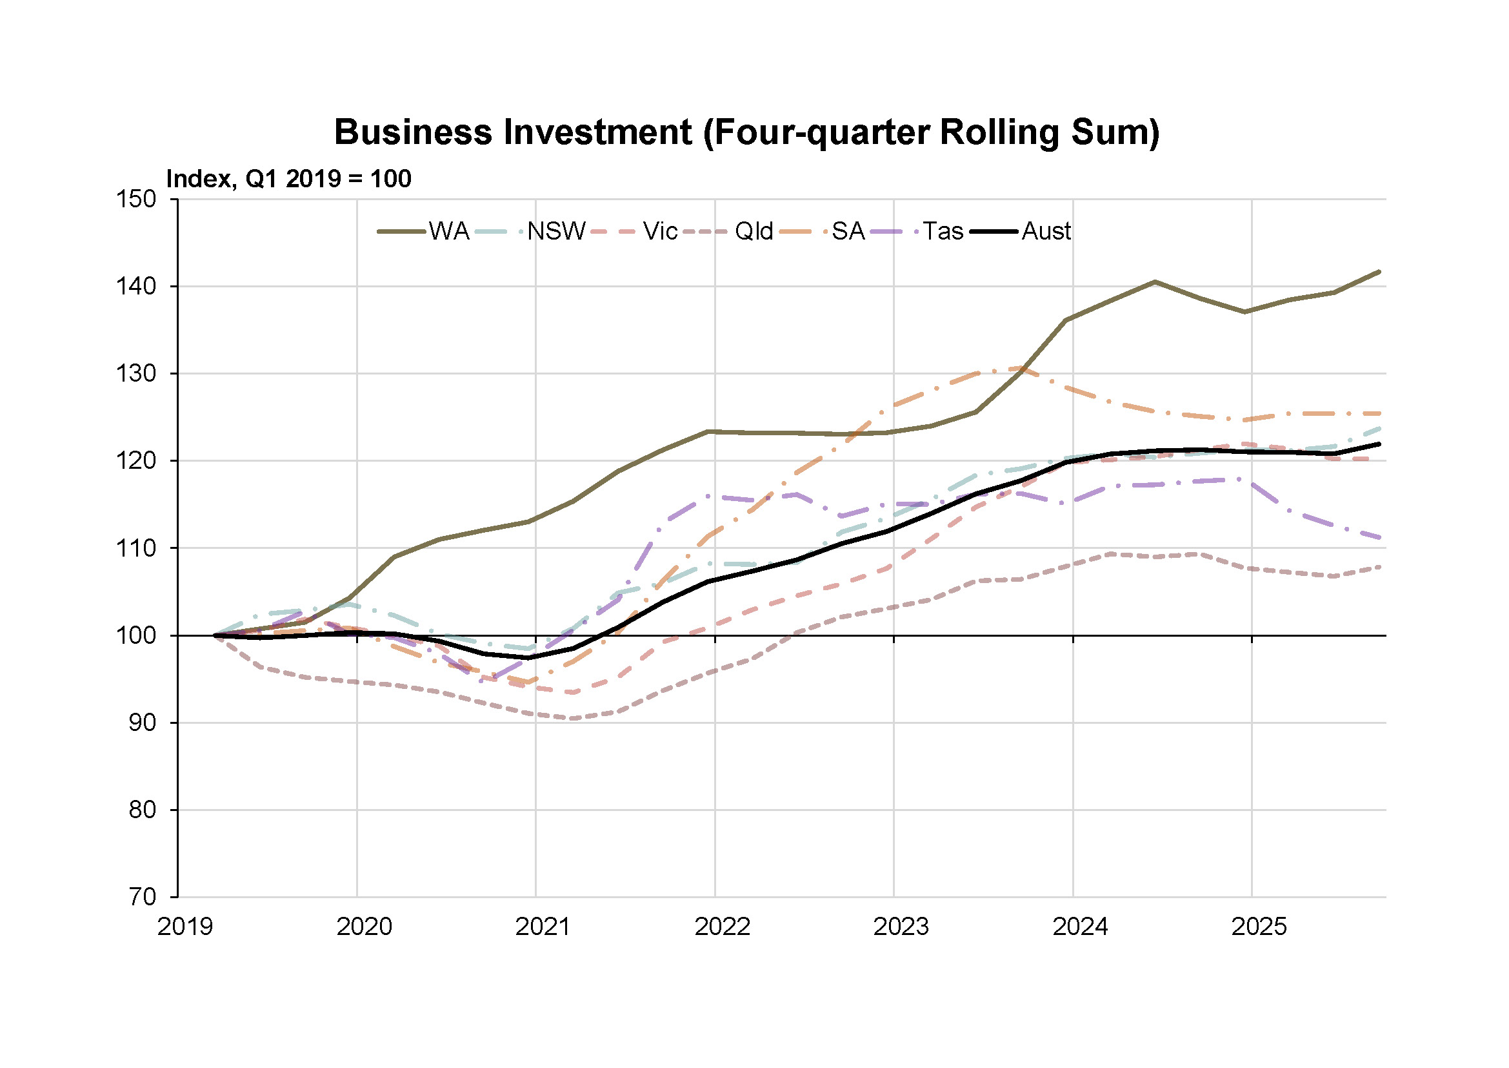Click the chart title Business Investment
(746, 132)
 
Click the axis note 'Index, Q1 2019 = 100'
(288, 179)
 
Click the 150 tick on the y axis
(136, 200)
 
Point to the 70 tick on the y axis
(142, 897)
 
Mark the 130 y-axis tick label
(136, 373)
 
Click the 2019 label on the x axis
(185, 927)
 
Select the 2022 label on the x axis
(723, 927)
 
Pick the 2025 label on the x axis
(1259, 927)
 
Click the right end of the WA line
(1379, 272)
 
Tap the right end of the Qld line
(1379, 566)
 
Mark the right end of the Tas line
(1379, 537)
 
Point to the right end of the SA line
(1379, 414)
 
